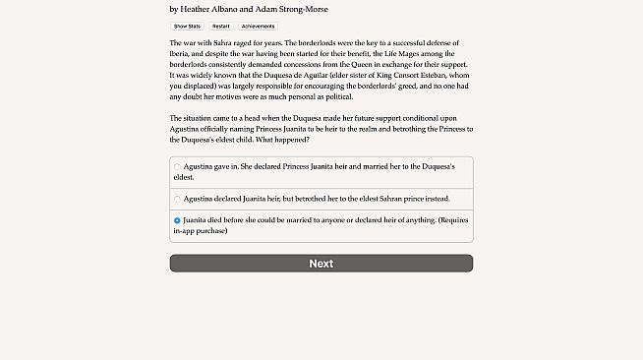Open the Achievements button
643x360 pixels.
(258, 27)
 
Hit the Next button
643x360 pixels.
(321, 264)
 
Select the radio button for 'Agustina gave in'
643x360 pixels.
(177, 167)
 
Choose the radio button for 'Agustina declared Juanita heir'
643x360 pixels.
(177, 199)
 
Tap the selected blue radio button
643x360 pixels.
(177, 220)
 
